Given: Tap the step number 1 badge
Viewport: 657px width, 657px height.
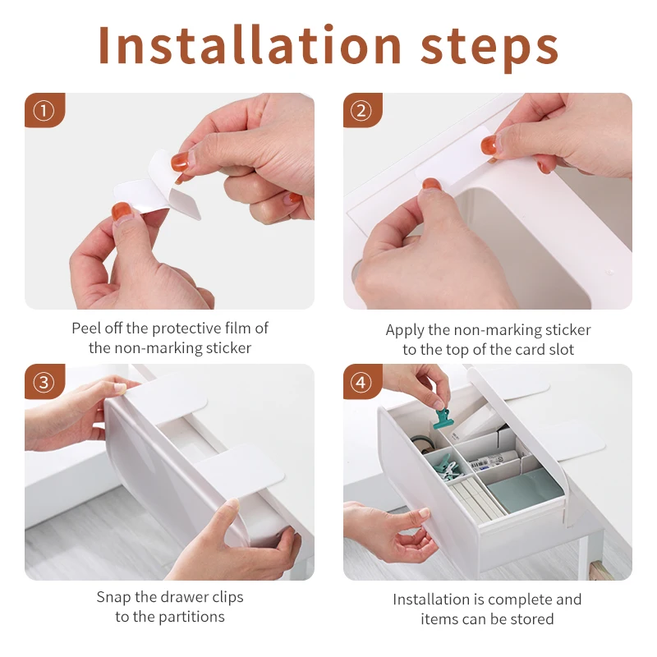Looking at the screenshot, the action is pyautogui.click(x=44, y=111).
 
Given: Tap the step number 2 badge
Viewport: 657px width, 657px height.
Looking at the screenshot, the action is pyautogui.click(x=361, y=111).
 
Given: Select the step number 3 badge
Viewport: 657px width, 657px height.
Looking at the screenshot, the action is pyautogui.click(x=44, y=382).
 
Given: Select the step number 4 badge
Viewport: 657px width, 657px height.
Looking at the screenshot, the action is pyautogui.click(x=361, y=382).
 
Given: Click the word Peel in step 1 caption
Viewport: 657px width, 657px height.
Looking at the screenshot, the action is pyautogui.click(x=86, y=328).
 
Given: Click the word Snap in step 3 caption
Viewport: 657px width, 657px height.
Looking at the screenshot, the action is pyautogui.click(x=113, y=598).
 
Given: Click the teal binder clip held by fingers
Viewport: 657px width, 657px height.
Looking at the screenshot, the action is pyautogui.click(x=443, y=419).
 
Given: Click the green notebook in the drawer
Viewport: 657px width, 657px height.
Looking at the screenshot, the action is pyautogui.click(x=524, y=491).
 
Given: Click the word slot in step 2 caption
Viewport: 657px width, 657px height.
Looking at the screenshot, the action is pyautogui.click(x=560, y=350).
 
